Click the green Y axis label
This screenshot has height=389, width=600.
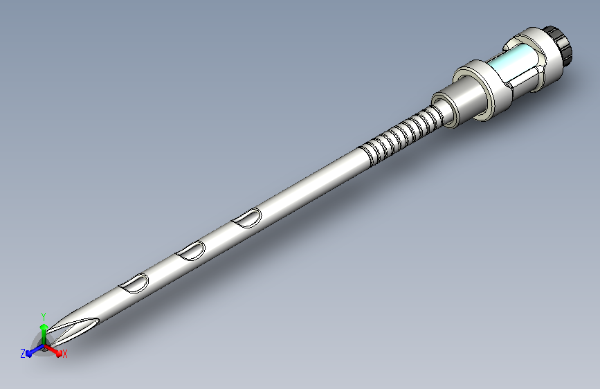coord(44,317)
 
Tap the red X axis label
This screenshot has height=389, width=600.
coord(64,354)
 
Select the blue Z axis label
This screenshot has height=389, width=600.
coord(23,354)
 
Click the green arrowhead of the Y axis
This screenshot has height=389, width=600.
coord(44,327)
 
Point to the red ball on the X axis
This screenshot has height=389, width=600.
coord(59,354)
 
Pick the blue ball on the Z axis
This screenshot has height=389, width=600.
coord(29,354)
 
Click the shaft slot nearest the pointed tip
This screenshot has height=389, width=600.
coord(134,283)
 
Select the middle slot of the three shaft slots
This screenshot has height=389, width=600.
coord(190,251)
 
